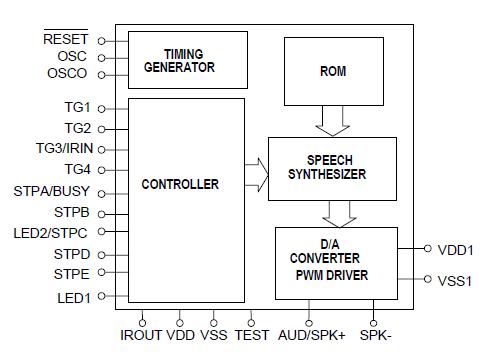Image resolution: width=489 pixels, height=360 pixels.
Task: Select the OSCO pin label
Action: click(x=66, y=74)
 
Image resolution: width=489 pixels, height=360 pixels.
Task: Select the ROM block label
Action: click(x=333, y=71)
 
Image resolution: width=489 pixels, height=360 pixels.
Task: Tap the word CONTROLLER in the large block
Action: click(x=180, y=184)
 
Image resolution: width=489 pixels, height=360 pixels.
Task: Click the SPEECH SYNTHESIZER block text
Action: click(x=331, y=167)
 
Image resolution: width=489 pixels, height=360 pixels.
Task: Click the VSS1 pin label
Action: click(x=455, y=280)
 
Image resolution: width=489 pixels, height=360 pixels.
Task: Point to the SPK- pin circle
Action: click(x=374, y=321)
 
